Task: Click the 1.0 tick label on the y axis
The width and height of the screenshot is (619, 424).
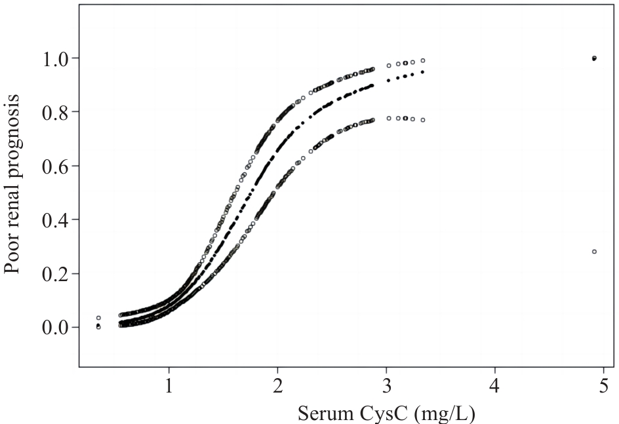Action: [x=55, y=58]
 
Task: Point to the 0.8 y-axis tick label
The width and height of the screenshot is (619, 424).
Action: [x=55, y=111]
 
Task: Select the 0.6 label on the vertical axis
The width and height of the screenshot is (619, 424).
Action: [x=55, y=166]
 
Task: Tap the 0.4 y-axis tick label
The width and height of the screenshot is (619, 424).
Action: [x=55, y=220]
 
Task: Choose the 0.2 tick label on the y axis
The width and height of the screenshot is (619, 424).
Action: [x=55, y=273]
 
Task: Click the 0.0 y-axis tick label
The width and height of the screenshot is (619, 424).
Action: [x=55, y=327]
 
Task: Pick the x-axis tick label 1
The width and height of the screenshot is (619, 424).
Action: [x=169, y=386]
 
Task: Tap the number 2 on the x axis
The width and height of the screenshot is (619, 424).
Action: [x=277, y=386]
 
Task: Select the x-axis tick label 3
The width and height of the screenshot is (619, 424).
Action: [x=386, y=386]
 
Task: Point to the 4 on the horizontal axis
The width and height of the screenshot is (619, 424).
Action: [x=494, y=386]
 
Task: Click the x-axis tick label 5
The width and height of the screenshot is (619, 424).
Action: [x=604, y=386]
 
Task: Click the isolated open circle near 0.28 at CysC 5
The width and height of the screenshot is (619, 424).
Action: [x=595, y=252]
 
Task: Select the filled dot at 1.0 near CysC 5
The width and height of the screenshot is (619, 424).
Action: [x=595, y=58]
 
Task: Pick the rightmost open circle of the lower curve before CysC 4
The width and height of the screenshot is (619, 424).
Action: [x=423, y=120]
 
